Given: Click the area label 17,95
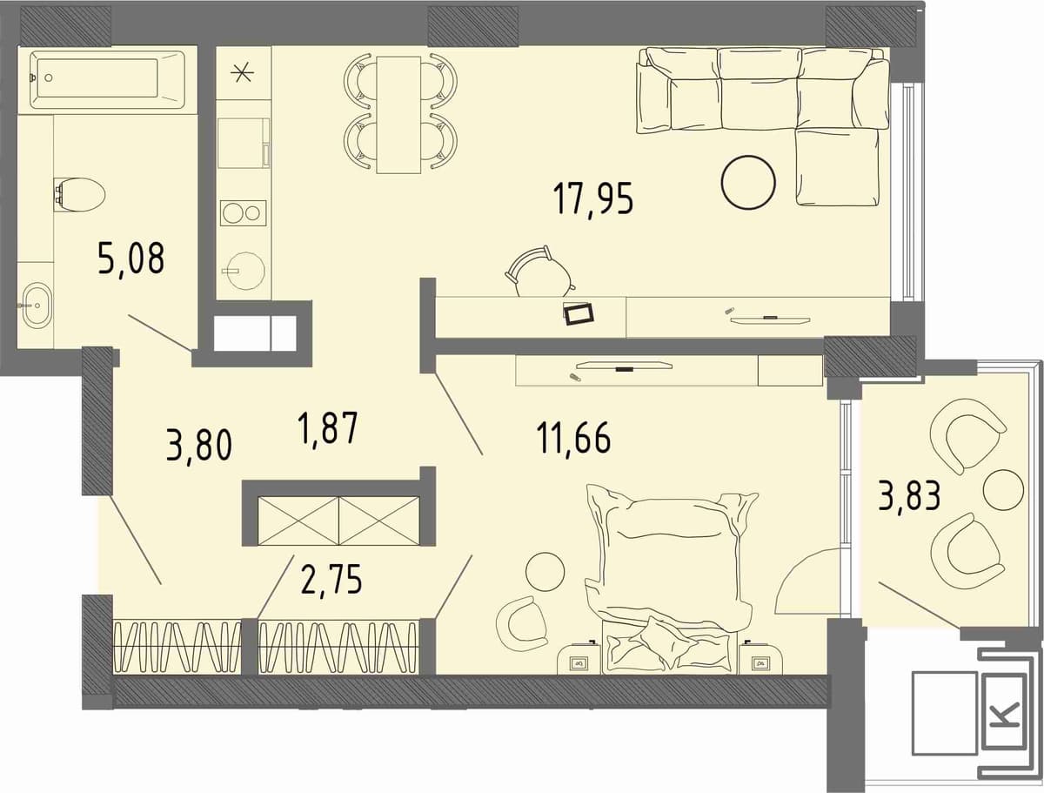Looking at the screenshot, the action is (x=593, y=200).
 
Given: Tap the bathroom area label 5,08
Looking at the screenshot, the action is (x=130, y=258).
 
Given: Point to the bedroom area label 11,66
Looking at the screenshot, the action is (x=573, y=438).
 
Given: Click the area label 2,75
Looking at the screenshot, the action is (x=331, y=579).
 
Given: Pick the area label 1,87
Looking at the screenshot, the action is (x=327, y=428).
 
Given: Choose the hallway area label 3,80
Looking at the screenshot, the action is (x=199, y=444).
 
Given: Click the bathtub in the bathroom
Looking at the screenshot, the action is (x=107, y=80).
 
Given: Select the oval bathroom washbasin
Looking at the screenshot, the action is (x=37, y=305).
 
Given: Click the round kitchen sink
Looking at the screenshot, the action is (x=244, y=270).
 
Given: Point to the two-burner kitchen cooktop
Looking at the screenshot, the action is (x=243, y=213).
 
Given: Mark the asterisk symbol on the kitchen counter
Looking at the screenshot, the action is (x=243, y=72).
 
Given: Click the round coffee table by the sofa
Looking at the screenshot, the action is (x=748, y=183).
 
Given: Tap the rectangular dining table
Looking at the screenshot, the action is (x=398, y=115).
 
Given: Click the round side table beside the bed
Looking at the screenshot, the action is (x=545, y=572).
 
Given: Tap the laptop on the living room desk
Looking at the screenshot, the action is (x=579, y=314).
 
